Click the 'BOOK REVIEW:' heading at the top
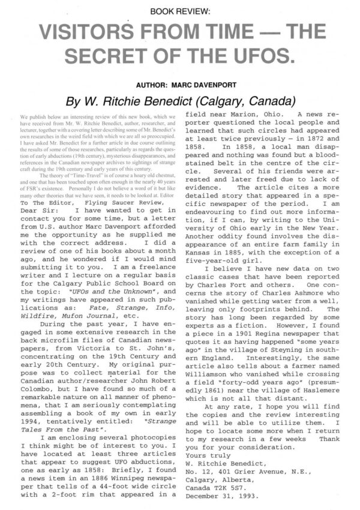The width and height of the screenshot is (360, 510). click(x=179, y=11)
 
